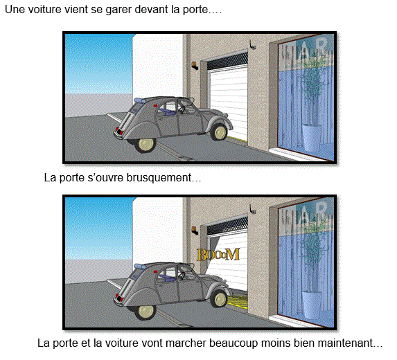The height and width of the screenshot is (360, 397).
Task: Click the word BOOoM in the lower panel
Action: pos(218,254)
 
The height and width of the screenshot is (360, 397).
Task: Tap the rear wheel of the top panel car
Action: pos(145,144)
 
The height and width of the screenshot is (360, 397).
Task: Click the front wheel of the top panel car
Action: pos(219,132)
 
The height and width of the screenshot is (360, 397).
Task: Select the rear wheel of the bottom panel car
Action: pos(145,311)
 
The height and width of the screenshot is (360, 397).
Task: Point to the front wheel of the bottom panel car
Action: pos(219,298)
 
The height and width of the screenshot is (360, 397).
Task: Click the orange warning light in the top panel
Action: pos(194,66)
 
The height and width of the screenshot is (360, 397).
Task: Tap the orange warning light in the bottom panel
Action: pos(194,231)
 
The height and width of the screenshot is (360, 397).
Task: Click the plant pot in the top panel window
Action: pos(312,137)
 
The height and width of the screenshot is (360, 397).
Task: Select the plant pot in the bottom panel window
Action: pos(312,305)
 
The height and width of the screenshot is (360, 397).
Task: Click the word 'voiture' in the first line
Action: pos(44,10)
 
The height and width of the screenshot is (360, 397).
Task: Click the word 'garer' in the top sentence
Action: pos(118,10)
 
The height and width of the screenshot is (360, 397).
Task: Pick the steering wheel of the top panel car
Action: pos(182,109)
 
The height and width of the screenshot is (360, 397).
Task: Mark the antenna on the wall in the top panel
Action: pos(252,45)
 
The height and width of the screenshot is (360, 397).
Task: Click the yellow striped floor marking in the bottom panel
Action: pos(238,302)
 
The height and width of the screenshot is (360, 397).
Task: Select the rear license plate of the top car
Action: pos(118,132)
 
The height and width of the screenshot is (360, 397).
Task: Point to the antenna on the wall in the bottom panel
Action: pos(252,209)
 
